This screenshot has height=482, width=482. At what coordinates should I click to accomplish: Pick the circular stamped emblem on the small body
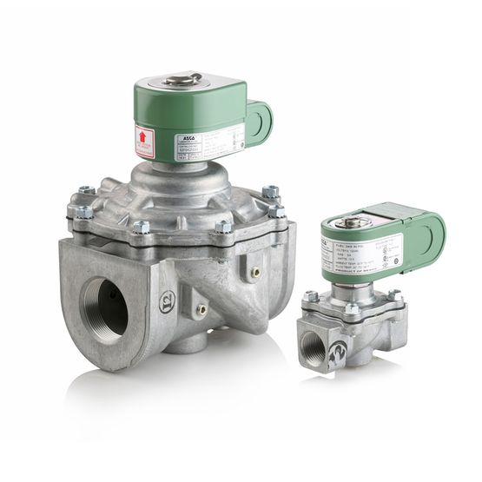point(339,352)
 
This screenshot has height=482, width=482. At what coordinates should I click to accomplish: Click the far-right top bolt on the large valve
point(271,191)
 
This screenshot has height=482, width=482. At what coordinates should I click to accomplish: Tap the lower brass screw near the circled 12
point(201,307)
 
